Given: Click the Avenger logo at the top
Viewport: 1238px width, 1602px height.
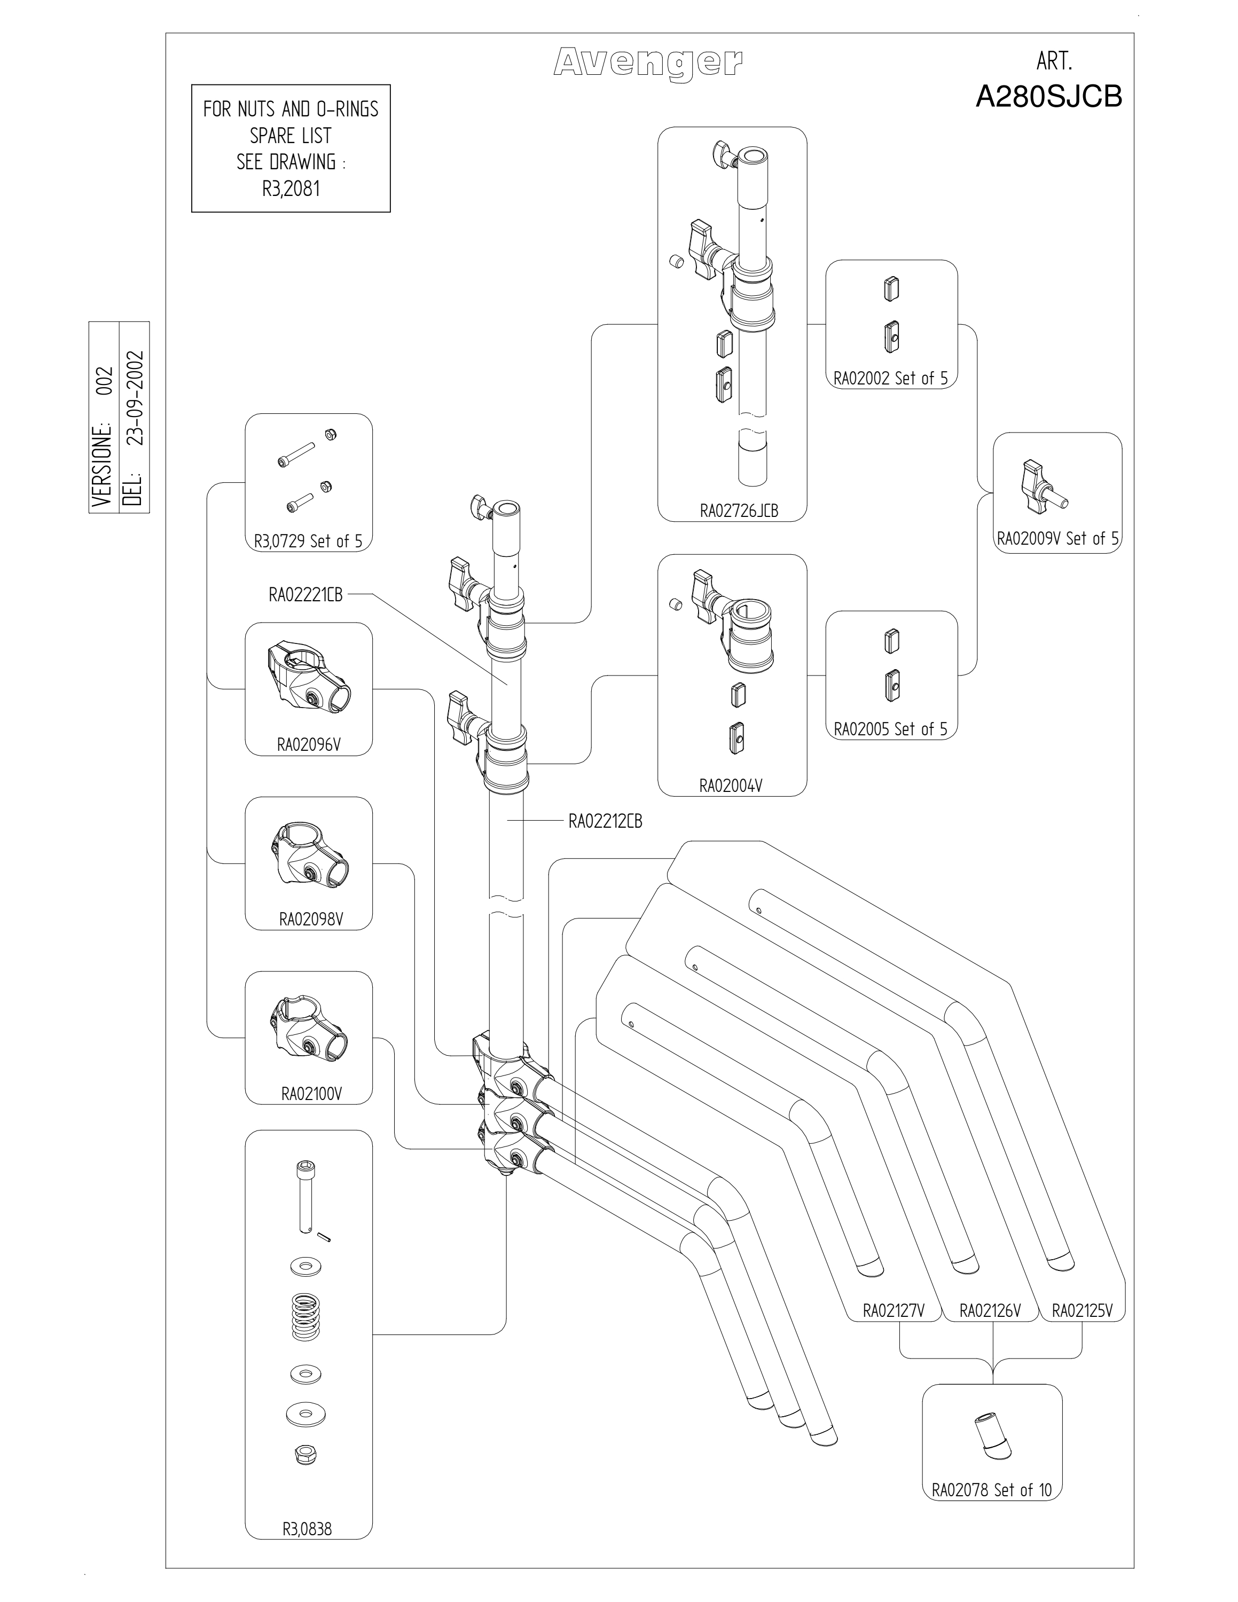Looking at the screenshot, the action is click(x=648, y=63).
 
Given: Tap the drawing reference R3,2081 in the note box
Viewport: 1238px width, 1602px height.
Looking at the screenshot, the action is click(x=291, y=189).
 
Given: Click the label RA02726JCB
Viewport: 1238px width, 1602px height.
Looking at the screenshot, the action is click(x=739, y=511).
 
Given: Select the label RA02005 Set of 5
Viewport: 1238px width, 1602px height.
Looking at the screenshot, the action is click(x=890, y=728).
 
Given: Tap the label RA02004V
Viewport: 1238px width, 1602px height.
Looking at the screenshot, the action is click(x=731, y=786).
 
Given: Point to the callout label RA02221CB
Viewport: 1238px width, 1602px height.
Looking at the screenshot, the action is click(x=305, y=595).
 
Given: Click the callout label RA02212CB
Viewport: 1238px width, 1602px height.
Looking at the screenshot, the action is click(x=605, y=821).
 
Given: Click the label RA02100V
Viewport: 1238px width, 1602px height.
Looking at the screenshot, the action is click(x=312, y=1094).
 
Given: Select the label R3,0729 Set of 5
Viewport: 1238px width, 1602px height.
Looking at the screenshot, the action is click(x=308, y=540).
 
